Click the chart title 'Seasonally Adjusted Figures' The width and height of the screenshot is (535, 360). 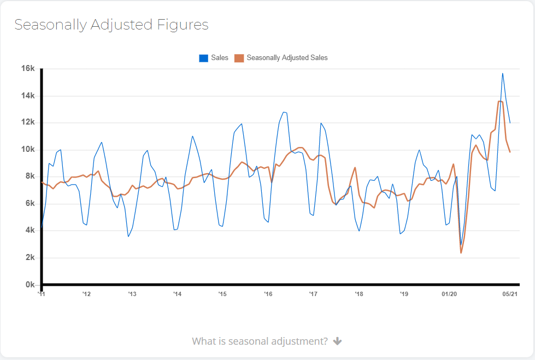(111, 25)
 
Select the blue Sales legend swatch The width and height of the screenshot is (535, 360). (203, 58)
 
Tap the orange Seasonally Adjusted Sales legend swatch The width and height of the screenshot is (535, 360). (239, 58)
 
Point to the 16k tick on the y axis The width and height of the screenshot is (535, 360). (28, 68)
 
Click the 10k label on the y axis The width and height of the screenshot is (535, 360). (28, 149)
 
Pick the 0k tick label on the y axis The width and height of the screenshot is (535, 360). (30, 285)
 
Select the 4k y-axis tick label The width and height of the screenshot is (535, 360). (30, 231)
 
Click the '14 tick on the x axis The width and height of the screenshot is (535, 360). (178, 294)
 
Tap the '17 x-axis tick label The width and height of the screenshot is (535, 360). (313, 294)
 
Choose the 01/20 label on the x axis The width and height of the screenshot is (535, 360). (449, 294)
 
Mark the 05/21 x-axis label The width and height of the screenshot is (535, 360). (510, 294)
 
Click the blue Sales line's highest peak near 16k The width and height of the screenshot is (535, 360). (503, 73)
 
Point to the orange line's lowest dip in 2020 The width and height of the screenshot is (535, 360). (461, 253)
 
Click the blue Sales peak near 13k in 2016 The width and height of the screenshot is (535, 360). (284, 112)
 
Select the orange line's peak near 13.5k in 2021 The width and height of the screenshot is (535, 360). (500, 102)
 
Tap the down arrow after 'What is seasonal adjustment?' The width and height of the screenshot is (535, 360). (337, 341)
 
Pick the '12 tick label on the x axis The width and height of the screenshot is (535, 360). (86, 294)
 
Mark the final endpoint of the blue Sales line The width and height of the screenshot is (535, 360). (510, 123)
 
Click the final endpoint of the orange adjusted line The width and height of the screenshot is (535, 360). (510, 152)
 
